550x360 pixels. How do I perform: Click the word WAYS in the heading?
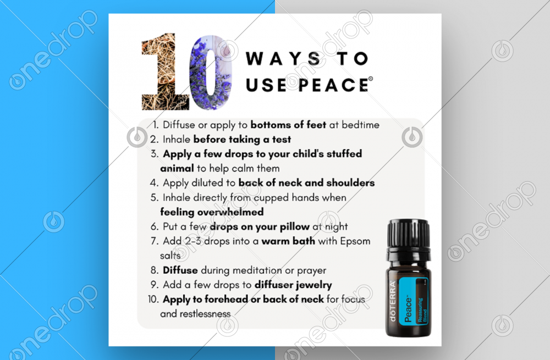[283, 59]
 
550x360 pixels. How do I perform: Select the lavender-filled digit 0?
[210, 73]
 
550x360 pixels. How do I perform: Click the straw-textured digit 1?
[166, 71]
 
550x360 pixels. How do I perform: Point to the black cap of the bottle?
[409, 234]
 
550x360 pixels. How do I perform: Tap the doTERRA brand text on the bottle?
[393, 301]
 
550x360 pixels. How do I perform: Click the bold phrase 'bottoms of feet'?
[288, 125]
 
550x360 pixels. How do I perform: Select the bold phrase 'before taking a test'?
[242, 140]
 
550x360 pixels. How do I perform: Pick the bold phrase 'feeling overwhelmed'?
[212, 212]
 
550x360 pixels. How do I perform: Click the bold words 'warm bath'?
[288, 241]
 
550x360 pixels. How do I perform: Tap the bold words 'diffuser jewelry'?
[293, 285]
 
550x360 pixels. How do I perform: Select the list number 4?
[153, 183]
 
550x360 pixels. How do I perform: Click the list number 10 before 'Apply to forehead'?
[152, 300]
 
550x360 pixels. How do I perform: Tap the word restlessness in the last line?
[205, 314]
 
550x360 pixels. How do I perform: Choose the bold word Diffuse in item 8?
[180, 270]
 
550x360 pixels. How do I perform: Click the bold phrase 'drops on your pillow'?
[260, 227]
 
